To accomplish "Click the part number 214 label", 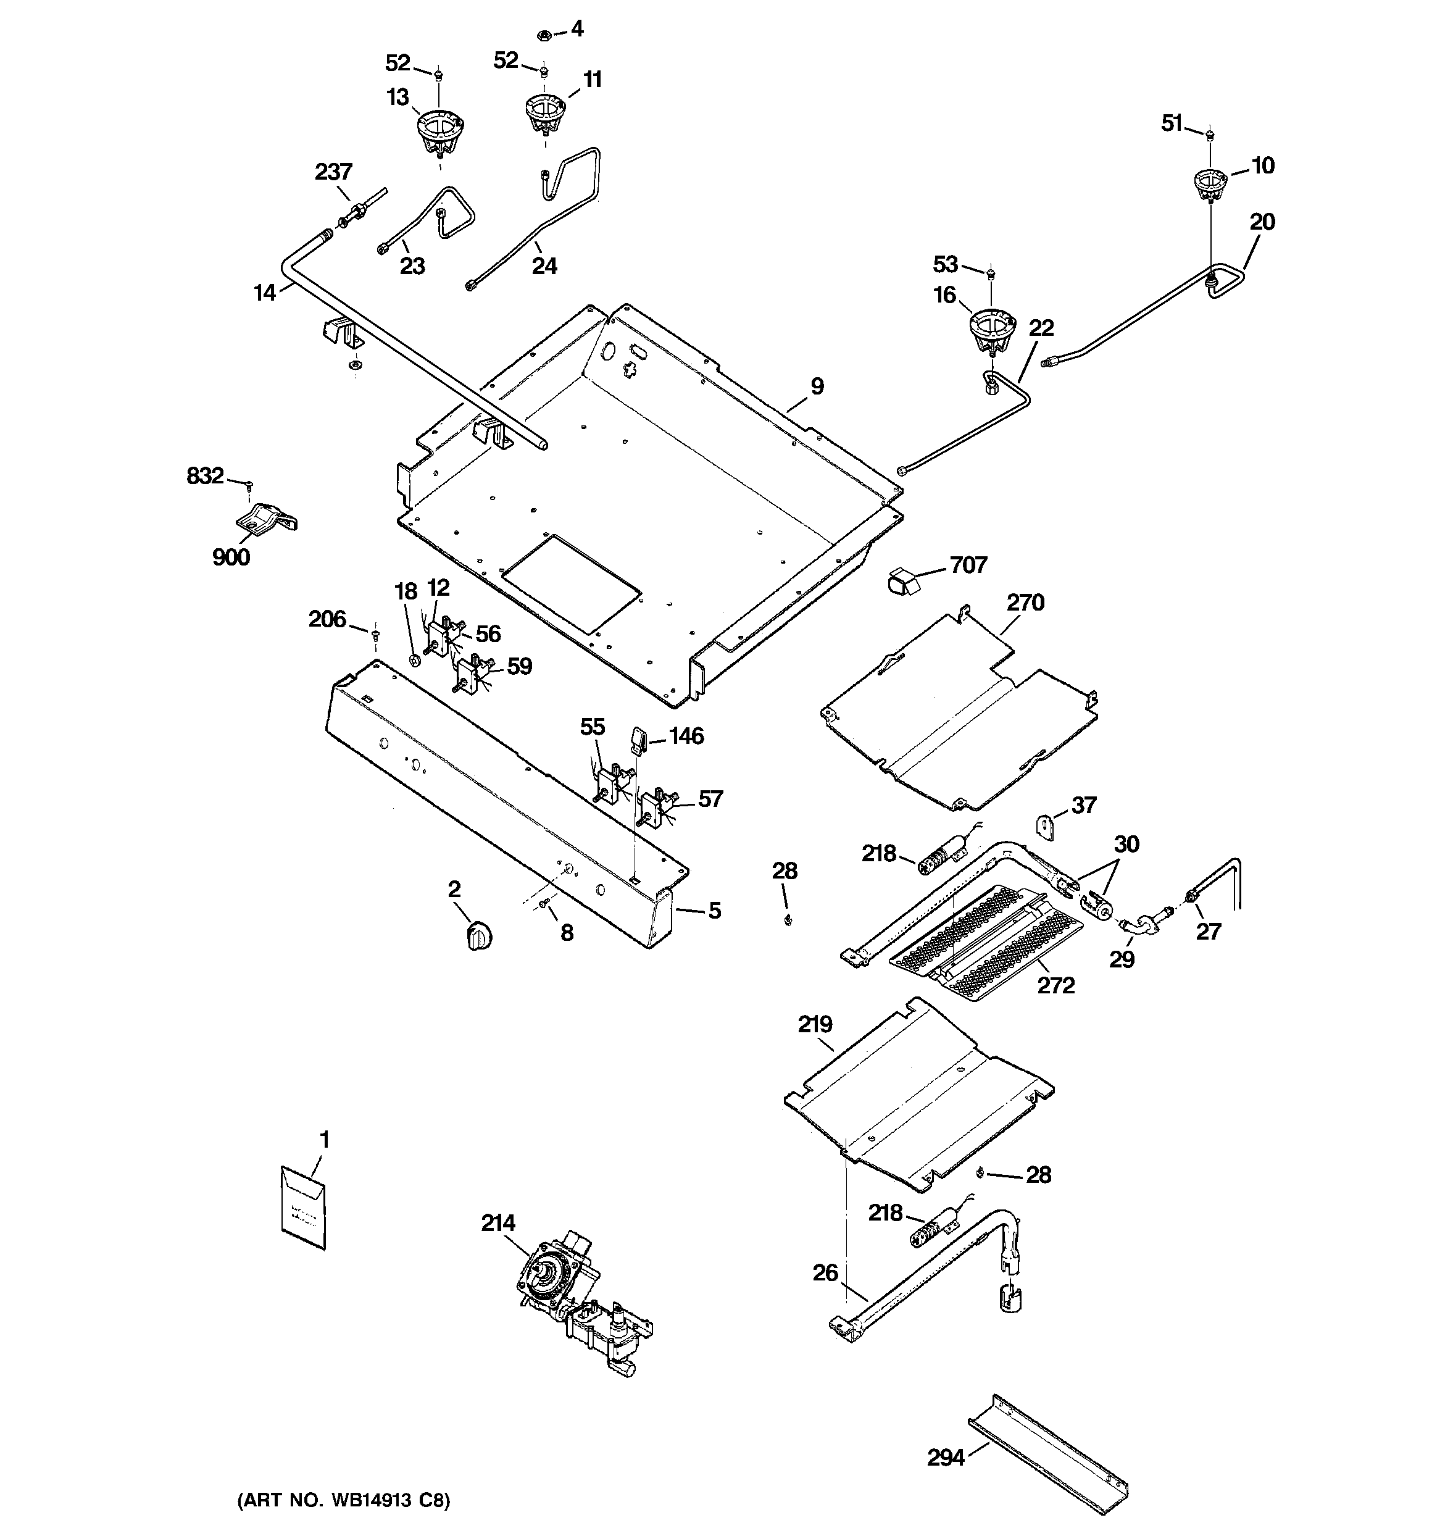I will pos(498,1223).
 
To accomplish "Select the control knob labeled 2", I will pos(479,937).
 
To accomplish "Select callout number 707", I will pos(968,565).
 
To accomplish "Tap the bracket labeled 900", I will pos(266,517).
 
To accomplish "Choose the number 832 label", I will pos(205,476).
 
